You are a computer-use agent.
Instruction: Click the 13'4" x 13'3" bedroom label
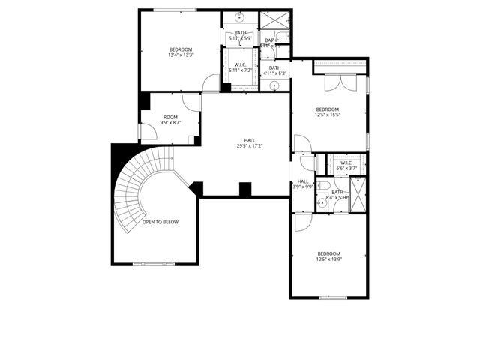[180, 52]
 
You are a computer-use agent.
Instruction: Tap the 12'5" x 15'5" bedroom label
[328, 112]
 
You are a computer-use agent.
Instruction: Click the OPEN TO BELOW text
[160, 222]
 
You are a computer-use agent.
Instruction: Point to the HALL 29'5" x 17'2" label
[249, 143]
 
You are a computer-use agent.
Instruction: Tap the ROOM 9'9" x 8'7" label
[170, 120]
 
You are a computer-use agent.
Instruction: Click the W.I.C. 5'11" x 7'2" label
[241, 67]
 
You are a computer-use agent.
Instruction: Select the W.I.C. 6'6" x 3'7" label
[346, 166]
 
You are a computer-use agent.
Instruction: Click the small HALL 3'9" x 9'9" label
[303, 184]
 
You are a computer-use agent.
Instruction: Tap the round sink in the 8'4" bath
[320, 202]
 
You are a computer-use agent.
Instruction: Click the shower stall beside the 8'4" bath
[358, 194]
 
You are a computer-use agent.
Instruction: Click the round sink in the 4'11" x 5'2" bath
[275, 85]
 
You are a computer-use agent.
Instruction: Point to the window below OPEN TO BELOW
[153, 263]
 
